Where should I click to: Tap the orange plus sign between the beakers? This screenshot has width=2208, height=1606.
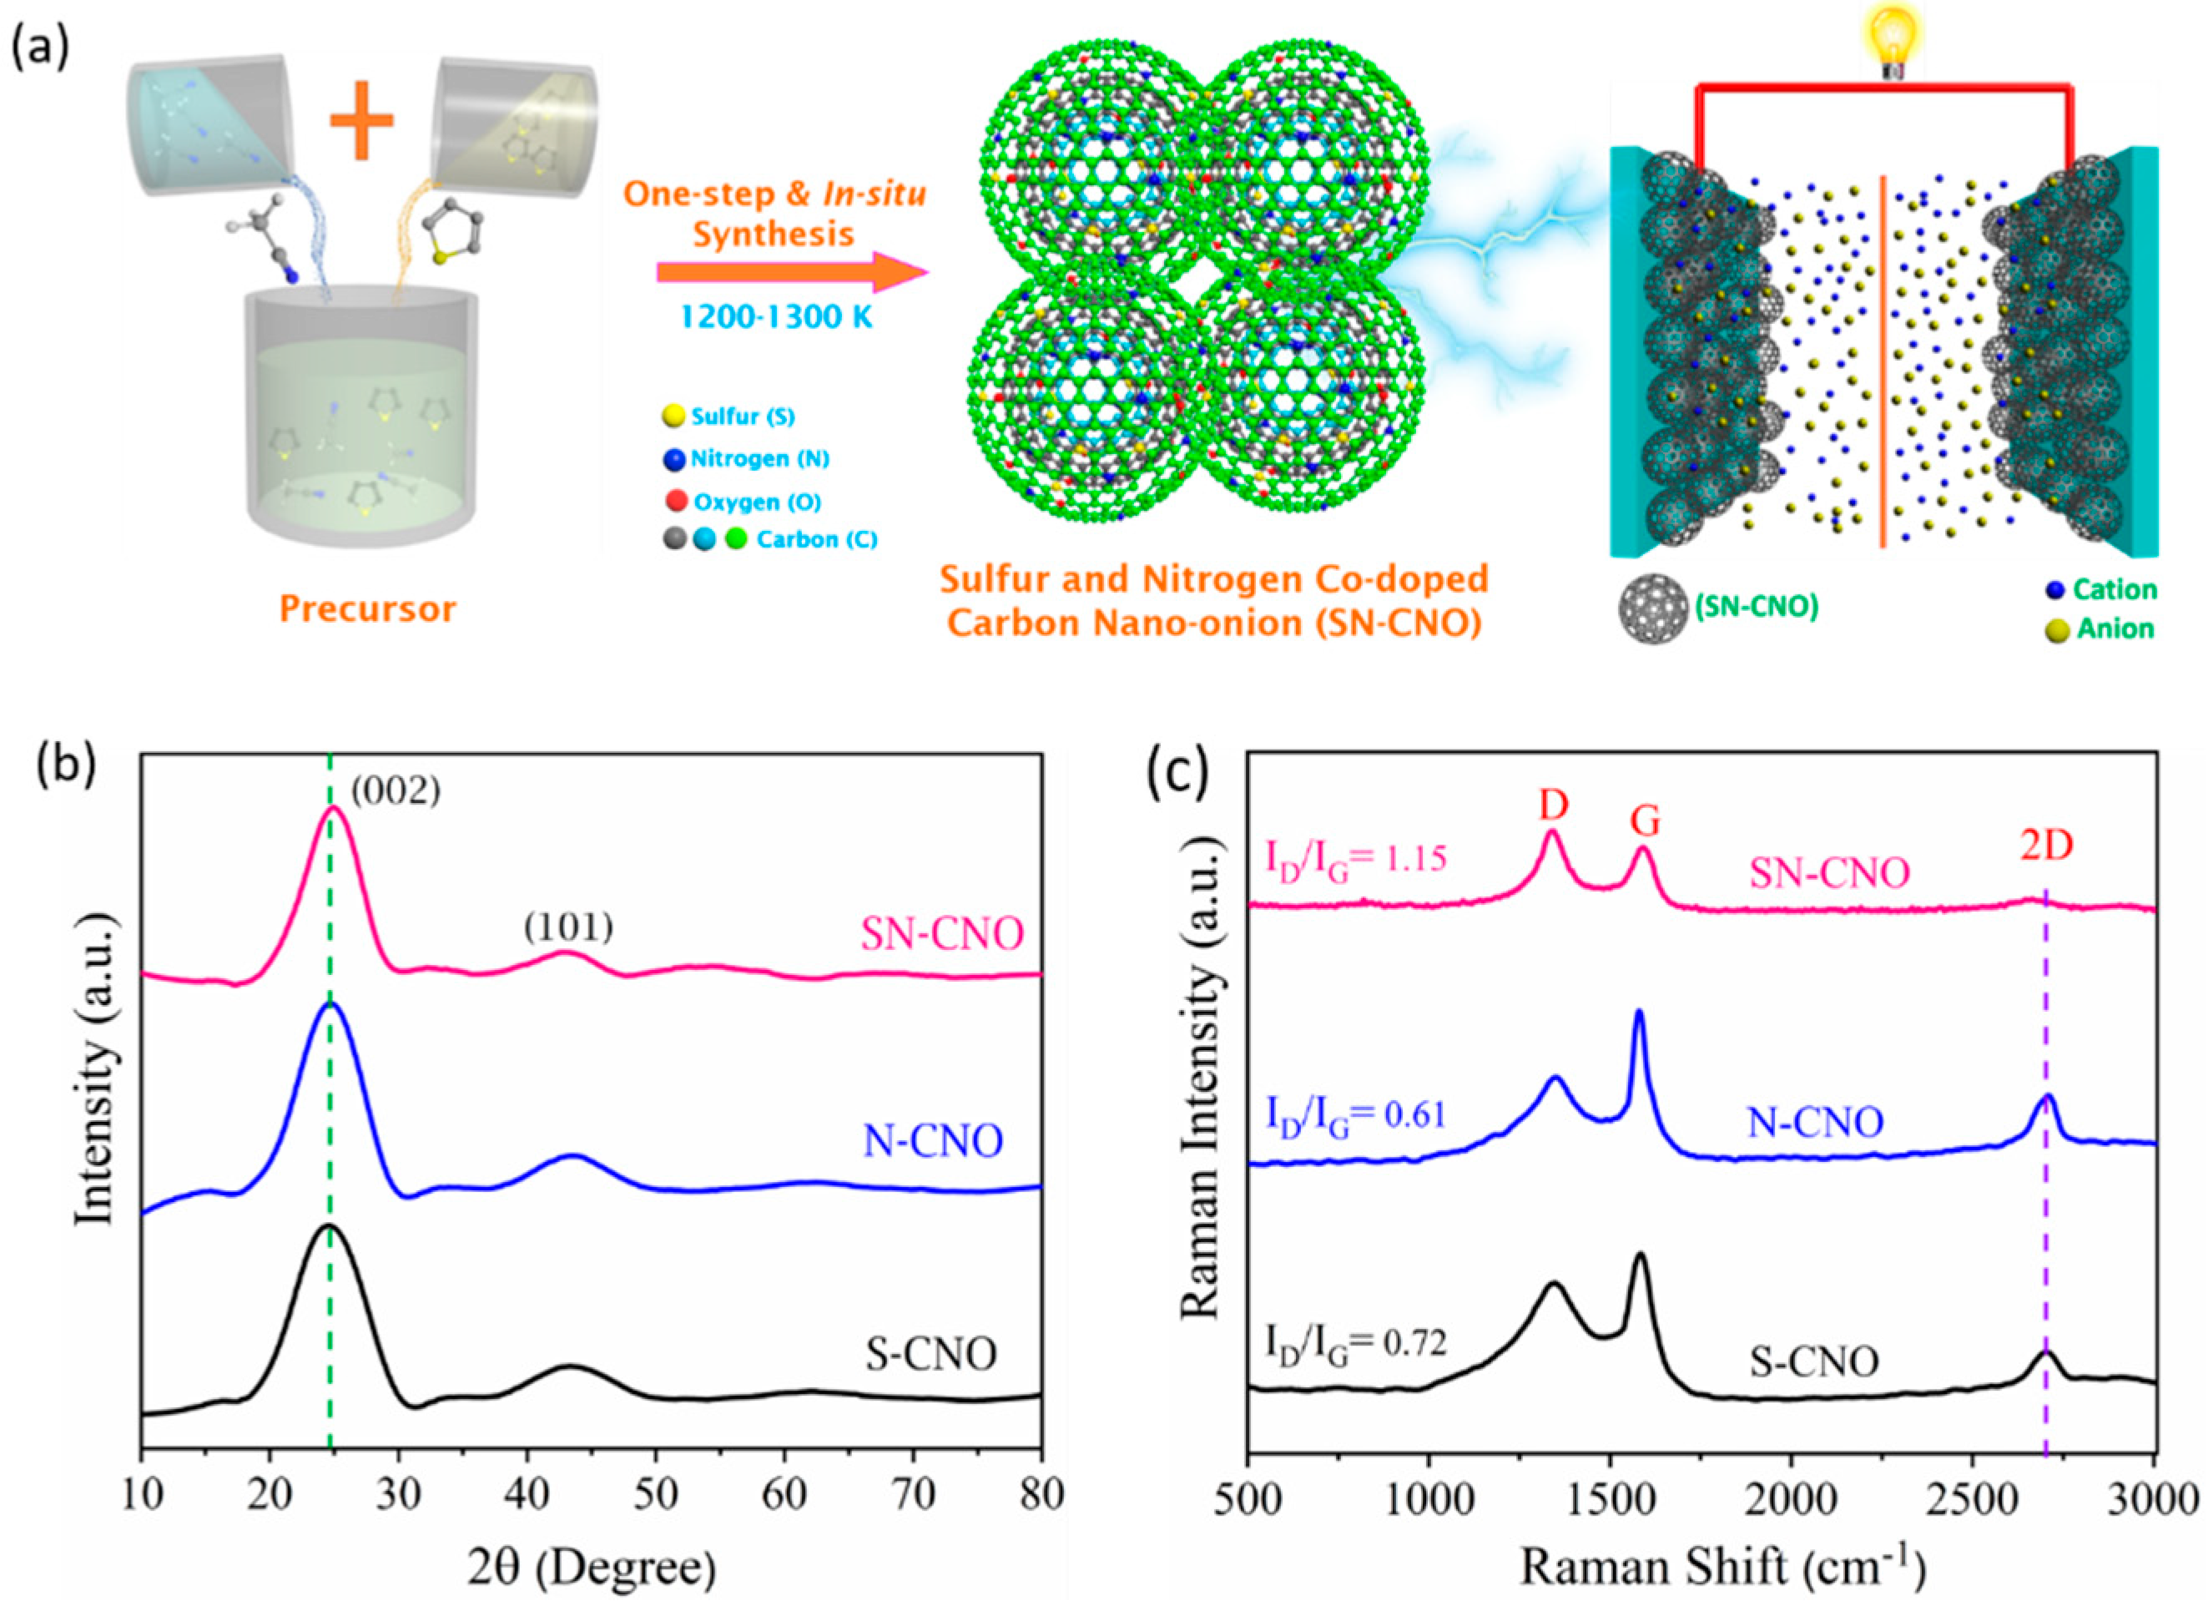pyautogui.click(x=361, y=121)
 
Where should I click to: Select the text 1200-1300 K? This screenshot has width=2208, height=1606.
pyautogui.click(x=775, y=317)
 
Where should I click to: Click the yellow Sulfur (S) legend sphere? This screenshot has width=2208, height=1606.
pyautogui.click(x=673, y=417)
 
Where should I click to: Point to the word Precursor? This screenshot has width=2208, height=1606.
pyautogui.click(x=367, y=609)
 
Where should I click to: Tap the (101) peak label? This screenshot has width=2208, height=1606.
pyautogui.click(x=568, y=928)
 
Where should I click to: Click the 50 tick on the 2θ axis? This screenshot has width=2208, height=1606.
pyautogui.click(x=655, y=1496)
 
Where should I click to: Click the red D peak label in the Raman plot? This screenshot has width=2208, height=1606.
pyautogui.click(x=1553, y=806)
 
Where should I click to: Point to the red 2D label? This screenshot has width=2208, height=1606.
pyautogui.click(x=2046, y=846)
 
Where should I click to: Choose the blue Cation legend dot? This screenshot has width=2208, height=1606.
pyautogui.click(x=2055, y=589)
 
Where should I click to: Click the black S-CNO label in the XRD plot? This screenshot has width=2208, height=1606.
pyautogui.click(x=931, y=1355)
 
